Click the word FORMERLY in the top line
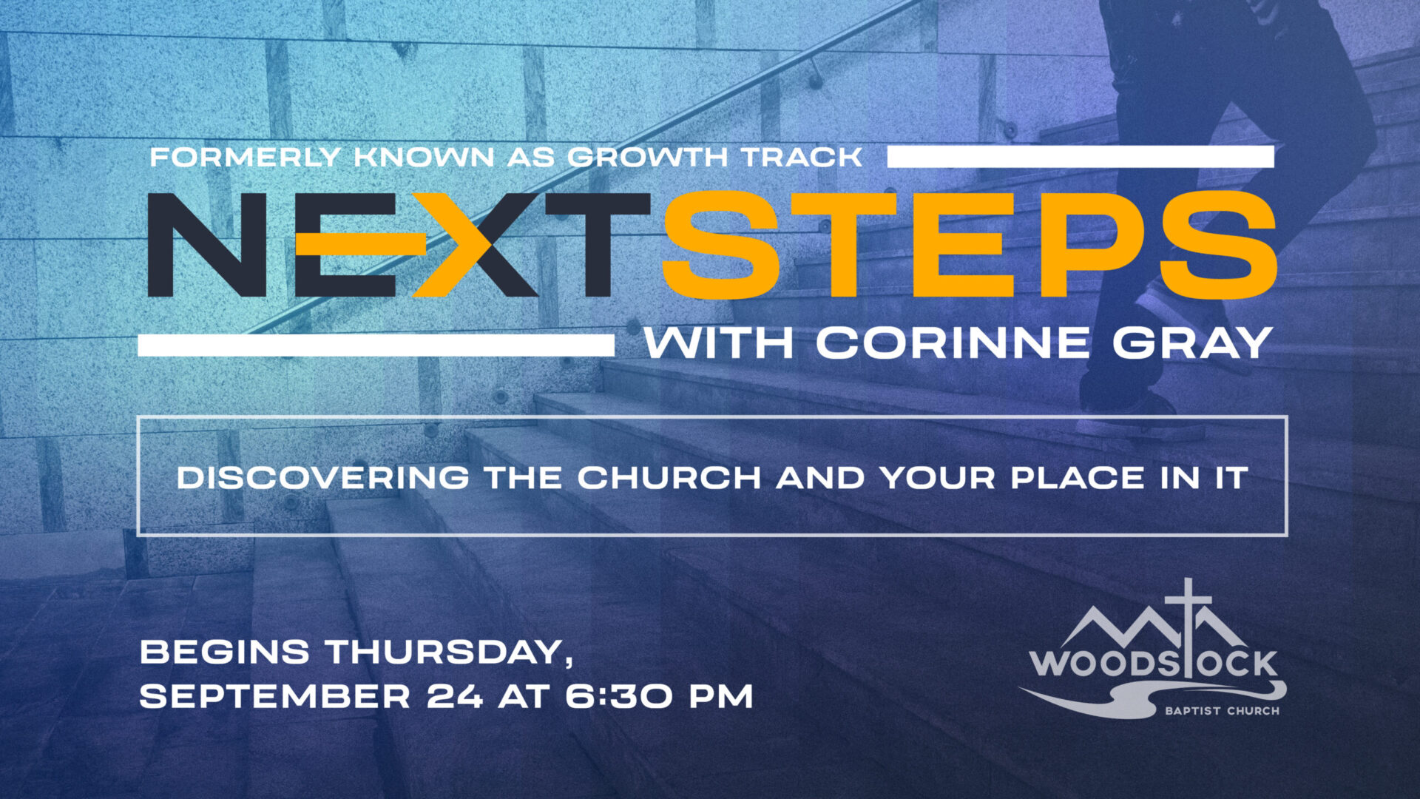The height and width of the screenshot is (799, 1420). tap(246, 157)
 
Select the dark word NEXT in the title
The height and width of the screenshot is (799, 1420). tap(399, 245)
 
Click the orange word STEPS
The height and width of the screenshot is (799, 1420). tap(970, 245)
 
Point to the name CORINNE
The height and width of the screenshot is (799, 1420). tap(953, 343)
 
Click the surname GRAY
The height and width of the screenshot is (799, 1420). tap(1192, 343)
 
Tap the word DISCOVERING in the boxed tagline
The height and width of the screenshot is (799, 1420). tap(322, 477)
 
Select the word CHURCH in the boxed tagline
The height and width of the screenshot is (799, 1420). tap(669, 477)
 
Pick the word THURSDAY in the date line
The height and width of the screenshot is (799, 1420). tap(450, 653)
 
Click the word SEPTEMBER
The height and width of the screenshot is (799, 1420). tap(275, 696)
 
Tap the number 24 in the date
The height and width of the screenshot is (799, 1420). tap(456, 696)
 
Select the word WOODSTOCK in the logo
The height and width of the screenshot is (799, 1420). tap(1154, 663)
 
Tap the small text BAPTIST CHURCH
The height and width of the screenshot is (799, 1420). tap(1222, 711)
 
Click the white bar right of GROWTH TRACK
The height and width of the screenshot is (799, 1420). tap(1081, 157)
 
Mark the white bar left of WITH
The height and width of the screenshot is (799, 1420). tap(376, 345)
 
